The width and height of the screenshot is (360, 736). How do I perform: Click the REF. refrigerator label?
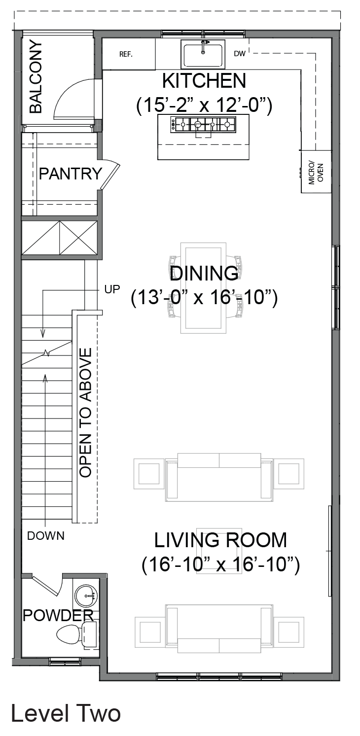click(126, 54)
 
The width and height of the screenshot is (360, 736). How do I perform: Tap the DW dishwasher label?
click(240, 54)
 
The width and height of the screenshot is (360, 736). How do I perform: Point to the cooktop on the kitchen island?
click(203, 125)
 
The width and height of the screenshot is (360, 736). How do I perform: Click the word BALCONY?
click(36, 77)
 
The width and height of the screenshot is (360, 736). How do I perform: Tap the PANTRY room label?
click(71, 174)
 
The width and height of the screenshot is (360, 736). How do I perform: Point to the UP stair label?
click(112, 289)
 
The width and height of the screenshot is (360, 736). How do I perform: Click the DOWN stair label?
click(46, 536)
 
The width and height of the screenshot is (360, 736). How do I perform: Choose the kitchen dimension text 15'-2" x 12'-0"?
click(204, 105)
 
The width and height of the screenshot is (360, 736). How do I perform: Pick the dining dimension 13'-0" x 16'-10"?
click(204, 298)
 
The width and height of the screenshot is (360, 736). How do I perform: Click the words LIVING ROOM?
click(220, 540)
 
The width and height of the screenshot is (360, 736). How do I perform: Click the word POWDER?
click(58, 615)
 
